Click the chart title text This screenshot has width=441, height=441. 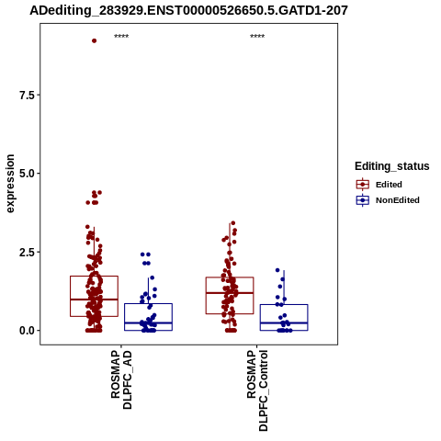(x=188, y=10)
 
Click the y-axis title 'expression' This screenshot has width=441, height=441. (x=10, y=184)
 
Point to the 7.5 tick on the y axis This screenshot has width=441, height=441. (x=27, y=96)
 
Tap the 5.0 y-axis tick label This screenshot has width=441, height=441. (x=27, y=174)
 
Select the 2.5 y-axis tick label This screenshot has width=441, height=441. (x=27, y=253)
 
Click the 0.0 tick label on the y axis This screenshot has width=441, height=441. (x=27, y=331)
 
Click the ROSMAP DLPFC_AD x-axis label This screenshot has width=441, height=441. (x=121, y=380)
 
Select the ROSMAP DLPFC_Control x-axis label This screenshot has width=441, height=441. (x=257, y=390)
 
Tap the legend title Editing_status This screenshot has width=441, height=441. (x=392, y=166)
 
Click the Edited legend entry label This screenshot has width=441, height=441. (x=389, y=185)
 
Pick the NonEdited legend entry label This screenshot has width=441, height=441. (x=398, y=200)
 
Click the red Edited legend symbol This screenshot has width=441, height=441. (x=363, y=185)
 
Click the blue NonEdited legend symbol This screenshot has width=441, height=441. (x=363, y=200)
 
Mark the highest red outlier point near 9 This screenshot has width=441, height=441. (x=95, y=40)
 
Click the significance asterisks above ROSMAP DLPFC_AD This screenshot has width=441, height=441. (x=121, y=36)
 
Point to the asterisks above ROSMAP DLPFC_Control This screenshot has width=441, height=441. (x=257, y=36)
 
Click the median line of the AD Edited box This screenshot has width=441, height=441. (x=95, y=300)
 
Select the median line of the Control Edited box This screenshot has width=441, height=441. (x=230, y=293)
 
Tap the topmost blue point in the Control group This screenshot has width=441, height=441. (x=277, y=270)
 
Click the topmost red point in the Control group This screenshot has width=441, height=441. (x=233, y=223)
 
